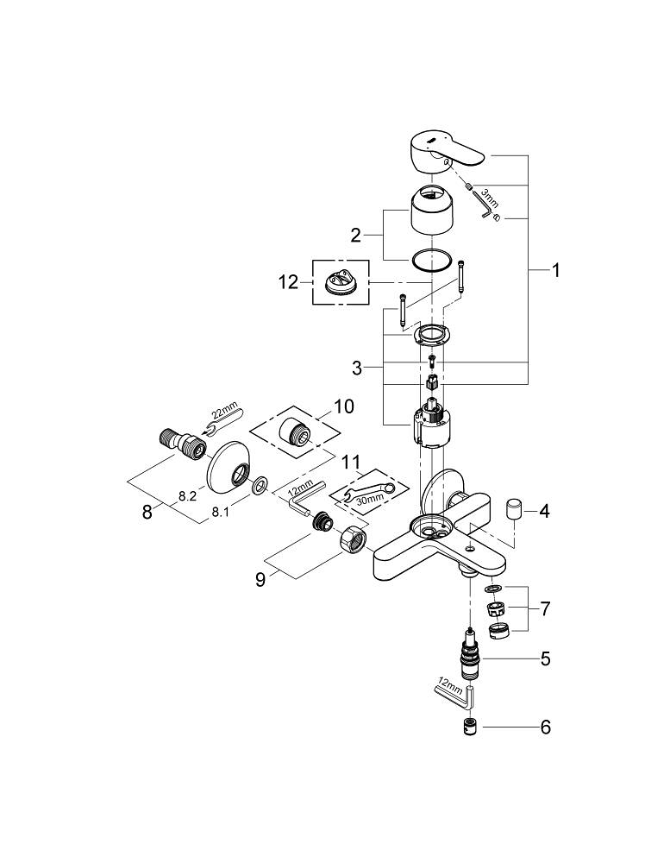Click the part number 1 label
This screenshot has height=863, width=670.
pos(556,271)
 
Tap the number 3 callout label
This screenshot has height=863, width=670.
pos(356,369)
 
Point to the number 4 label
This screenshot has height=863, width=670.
pos(544,511)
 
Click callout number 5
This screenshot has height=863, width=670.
pos(544,660)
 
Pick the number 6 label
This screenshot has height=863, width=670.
pos(544,728)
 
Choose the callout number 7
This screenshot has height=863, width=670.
pos(544,609)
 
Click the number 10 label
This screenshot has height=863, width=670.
pos(344,406)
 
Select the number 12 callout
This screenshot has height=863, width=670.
pos(289,282)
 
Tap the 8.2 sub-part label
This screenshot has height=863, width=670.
pos(187,496)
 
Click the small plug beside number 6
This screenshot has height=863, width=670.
pos(471,726)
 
